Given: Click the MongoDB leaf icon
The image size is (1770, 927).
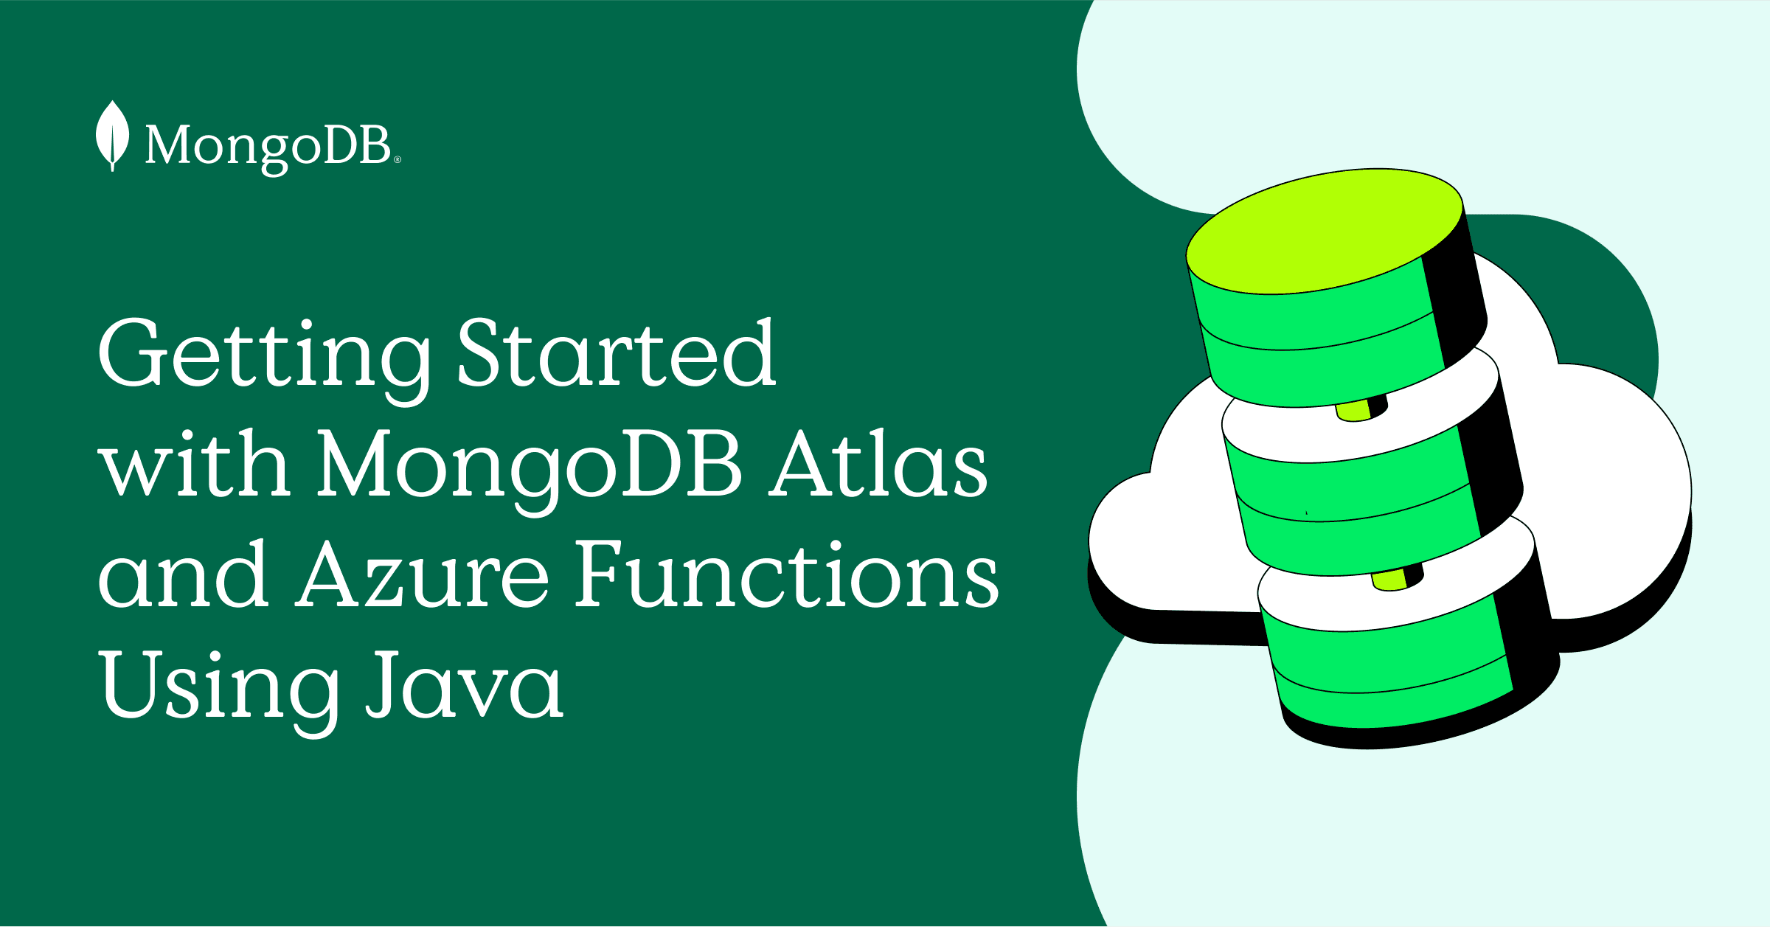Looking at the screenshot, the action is pyautogui.click(x=112, y=136).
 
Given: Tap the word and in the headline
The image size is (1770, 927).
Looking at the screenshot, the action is pyautogui.click(x=182, y=573).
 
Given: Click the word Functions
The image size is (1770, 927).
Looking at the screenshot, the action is pyautogui.click(x=786, y=573).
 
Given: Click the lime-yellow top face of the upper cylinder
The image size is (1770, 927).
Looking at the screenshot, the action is pyautogui.click(x=1325, y=231).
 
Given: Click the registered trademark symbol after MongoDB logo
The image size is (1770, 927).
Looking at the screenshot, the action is pyautogui.click(x=398, y=159).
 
